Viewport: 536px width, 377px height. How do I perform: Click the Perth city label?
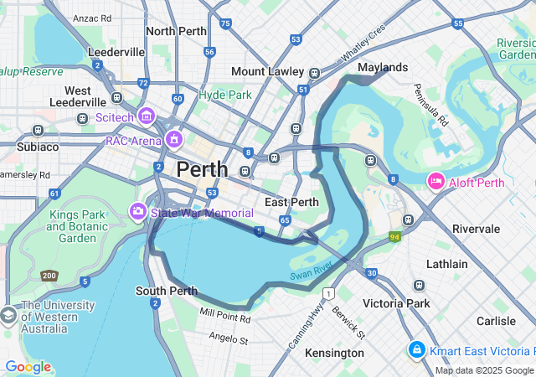tap(202, 169)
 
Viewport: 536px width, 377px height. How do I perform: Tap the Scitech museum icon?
tap(147, 116)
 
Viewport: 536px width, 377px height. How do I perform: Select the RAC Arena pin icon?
tap(174, 138)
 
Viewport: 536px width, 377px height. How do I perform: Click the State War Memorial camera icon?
tap(138, 210)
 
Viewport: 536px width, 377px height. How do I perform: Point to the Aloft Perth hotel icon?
tap(435, 180)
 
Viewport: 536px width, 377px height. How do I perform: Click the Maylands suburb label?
tap(383, 67)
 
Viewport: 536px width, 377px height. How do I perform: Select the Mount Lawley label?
tap(267, 72)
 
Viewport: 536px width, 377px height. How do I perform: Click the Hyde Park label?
tap(224, 95)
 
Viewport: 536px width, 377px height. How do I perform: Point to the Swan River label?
tap(312, 271)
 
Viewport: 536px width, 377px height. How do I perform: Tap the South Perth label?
tap(166, 291)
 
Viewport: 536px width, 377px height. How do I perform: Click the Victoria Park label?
tap(395, 303)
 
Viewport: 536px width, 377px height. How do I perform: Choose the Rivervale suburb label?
tap(476, 229)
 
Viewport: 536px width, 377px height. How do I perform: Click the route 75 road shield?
tap(225, 24)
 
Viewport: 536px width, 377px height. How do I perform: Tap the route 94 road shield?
tap(394, 237)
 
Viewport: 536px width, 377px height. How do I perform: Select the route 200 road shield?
tap(49, 276)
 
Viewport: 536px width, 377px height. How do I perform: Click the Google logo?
tap(27, 367)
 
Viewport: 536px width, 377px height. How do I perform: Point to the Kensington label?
tap(334, 353)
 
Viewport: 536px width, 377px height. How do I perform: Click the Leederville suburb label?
tap(116, 52)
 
